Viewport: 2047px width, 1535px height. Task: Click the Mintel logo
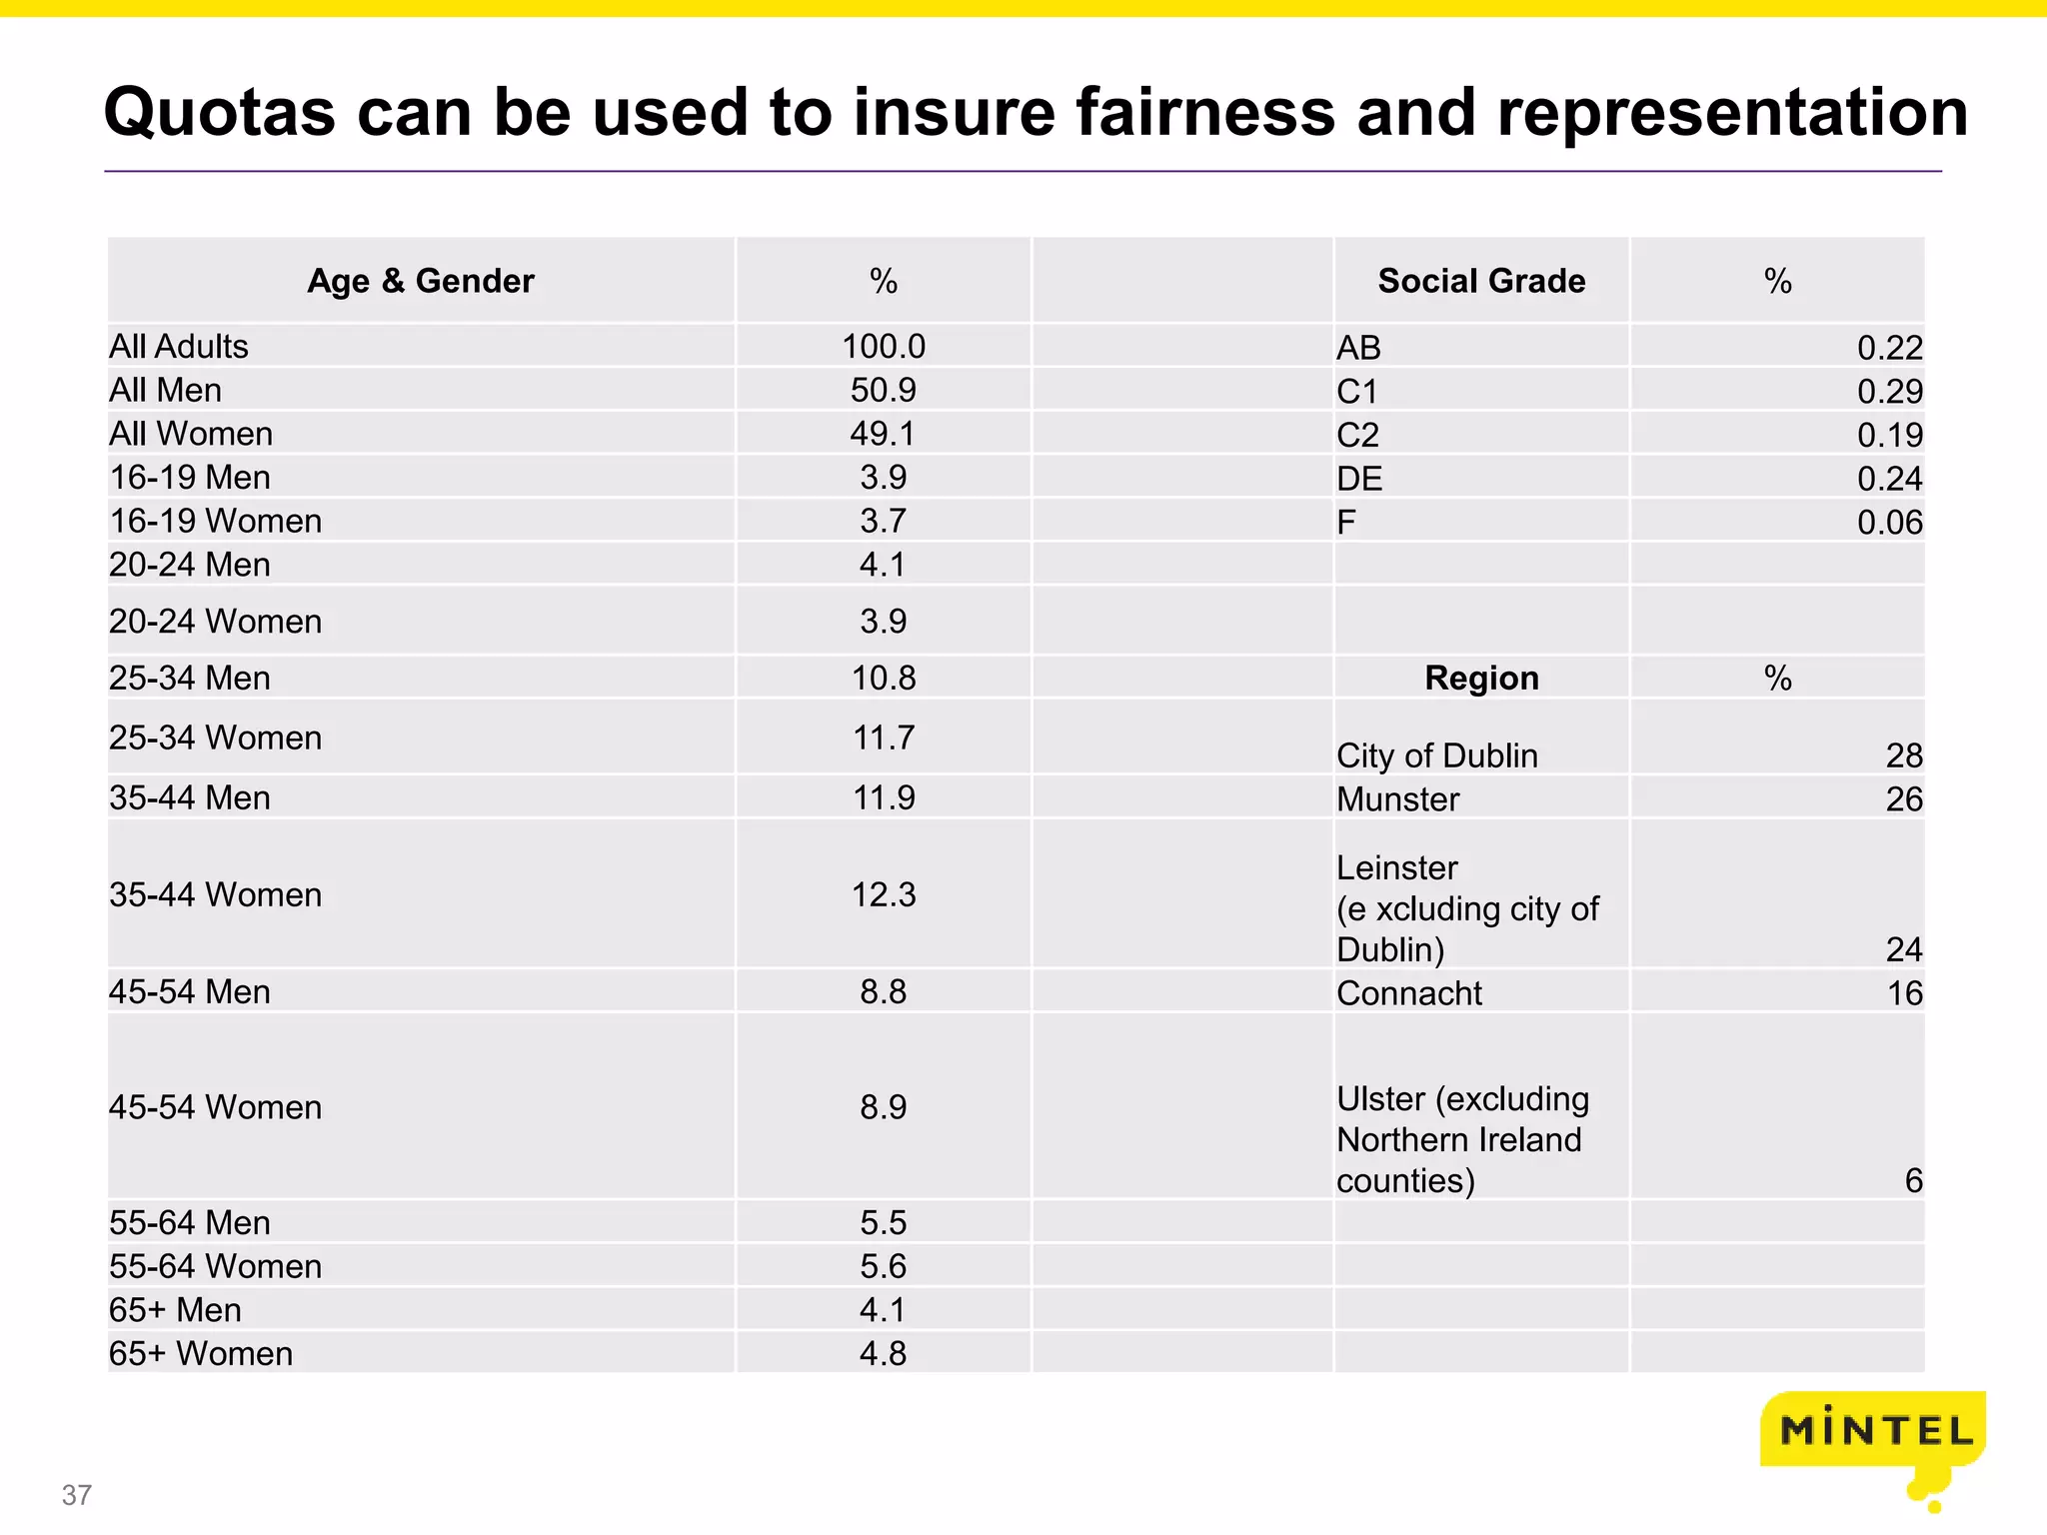pos(1873,1431)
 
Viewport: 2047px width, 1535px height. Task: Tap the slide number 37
pos(77,1495)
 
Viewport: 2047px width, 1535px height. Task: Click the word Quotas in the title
pos(219,112)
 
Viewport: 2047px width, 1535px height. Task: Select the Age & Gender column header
pos(421,281)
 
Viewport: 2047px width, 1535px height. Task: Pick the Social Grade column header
pos(1481,281)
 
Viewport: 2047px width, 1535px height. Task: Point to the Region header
pos(1481,678)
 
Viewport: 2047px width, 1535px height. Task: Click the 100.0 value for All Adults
pos(884,346)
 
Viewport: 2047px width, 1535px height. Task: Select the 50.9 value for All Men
pos(884,390)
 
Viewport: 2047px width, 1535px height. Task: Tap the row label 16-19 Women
pos(216,521)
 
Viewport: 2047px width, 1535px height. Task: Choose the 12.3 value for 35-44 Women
pos(884,894)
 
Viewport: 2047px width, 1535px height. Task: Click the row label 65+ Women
pos(201,1353)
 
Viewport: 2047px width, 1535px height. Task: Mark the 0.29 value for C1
pos(1889,391)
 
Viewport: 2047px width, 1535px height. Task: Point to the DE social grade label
pos(1359,479)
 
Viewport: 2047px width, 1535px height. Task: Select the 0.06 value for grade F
pos(1889,522)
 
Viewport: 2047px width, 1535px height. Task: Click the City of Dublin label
pos(1437,756)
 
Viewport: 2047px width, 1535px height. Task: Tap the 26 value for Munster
pos(1904,798)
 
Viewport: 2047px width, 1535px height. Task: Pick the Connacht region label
pos(1409,992)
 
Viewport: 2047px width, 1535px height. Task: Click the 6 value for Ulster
pos(1913,1180)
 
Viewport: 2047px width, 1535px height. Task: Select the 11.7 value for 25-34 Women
pos(884,738)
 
